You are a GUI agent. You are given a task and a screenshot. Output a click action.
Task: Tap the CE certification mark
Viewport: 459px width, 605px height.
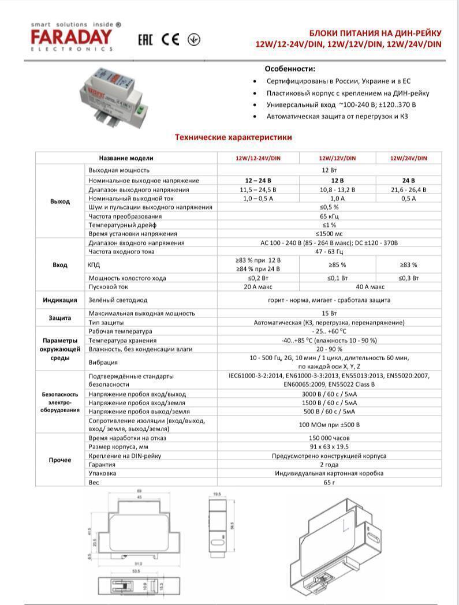[170, 39]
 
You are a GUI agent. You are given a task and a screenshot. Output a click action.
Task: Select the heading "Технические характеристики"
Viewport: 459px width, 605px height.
[233, 137]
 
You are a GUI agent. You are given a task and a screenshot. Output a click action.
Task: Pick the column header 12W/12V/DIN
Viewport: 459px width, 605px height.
[337, 158]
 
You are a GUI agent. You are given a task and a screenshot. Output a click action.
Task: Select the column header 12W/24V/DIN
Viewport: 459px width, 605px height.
[408, 158]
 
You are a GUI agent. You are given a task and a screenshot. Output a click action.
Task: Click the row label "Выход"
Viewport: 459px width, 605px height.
[60, 201]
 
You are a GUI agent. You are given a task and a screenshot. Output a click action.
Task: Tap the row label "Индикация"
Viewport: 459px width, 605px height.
[60, 300]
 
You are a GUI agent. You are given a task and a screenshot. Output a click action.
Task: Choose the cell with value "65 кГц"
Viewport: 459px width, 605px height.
[329, 216]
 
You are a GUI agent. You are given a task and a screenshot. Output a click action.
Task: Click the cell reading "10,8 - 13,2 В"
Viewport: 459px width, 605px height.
[337, 189]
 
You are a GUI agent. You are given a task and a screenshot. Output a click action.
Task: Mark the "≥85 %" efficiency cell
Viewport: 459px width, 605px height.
[337, 265]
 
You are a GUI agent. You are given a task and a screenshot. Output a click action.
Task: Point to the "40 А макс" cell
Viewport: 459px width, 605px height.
[370, 287]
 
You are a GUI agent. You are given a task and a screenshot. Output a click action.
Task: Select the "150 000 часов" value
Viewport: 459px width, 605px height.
[329, 438]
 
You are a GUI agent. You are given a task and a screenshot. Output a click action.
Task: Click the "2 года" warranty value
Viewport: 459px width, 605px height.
[329, 464]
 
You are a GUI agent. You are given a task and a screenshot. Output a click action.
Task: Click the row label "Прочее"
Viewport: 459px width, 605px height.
[60, 460]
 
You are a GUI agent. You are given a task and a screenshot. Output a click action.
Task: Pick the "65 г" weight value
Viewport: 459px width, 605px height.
[329, 482]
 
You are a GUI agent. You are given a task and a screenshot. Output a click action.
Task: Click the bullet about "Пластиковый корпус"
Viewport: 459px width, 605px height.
[348, 93]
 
